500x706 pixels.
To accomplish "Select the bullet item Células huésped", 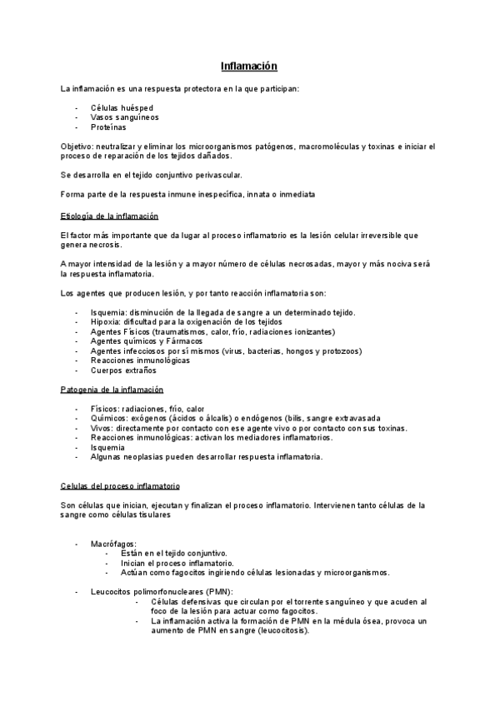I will click(x=122, y=108).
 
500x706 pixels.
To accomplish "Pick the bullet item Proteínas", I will click(x=108, y=127).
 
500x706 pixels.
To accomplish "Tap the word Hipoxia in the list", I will click(x=107, y=321).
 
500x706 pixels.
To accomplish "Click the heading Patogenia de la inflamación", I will click(x=112, y=390).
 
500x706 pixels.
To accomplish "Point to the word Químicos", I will click(x=109, y=419).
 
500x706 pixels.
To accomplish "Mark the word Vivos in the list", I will click(x=102, y=428).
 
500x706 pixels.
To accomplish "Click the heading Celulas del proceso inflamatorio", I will click(x=121, y=485).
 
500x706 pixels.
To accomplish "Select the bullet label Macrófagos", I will click(x=113, y=544).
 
